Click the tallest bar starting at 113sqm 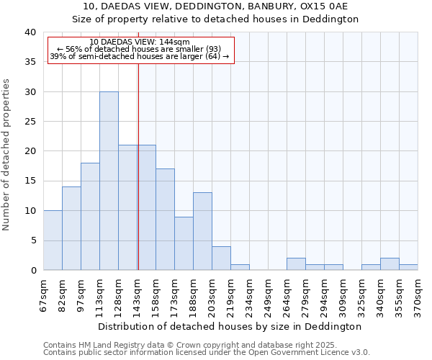(x=109, y=181)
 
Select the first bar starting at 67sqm (x=53, y=240)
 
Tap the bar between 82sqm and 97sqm (x=71, y=228)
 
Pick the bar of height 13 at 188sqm (x=202, y=231)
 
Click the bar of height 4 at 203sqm (x=221, y=258)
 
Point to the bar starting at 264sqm (x=296, y=264)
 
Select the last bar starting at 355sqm (x=408, y=267)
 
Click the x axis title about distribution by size (x=230, y=326)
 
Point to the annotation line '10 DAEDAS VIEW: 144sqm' (x=141, y=42)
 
